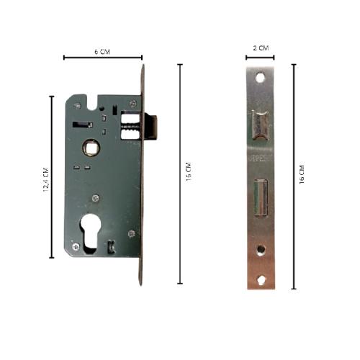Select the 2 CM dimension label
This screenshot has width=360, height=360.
click(261, 48)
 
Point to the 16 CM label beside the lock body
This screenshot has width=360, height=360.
click(188, 175)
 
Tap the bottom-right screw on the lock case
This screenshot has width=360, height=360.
click(130, 233)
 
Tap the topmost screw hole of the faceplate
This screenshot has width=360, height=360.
click(260, 77)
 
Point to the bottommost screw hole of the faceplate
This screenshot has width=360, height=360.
click(260, 278)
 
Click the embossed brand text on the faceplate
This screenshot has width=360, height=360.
click(260, 156)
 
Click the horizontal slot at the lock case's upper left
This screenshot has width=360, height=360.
click(78, 125)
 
